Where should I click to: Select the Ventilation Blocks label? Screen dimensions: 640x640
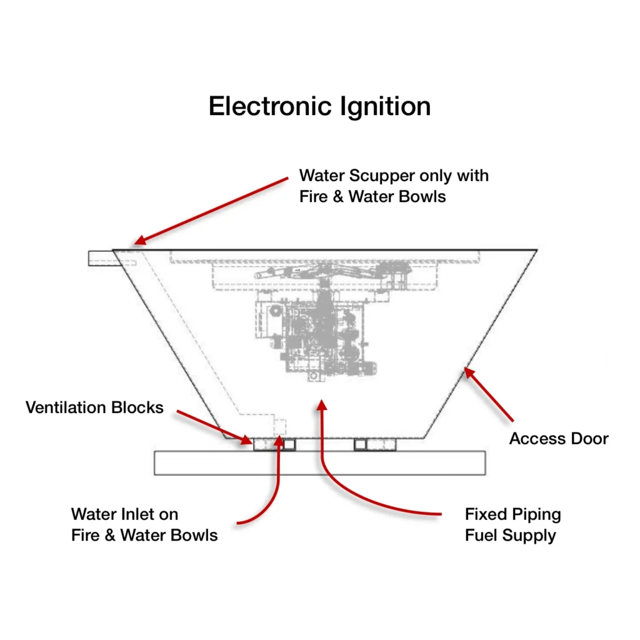tap(94, 407)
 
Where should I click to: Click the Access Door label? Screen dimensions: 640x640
tap(558, 438)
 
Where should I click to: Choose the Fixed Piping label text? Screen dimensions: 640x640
tap(512, 514)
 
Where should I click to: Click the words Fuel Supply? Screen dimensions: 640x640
tap(510, 536)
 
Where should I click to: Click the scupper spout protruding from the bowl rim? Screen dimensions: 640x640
tap(100, 257)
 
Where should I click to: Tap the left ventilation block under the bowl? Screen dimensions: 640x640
tap(274, 444)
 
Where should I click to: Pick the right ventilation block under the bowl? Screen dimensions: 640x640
tap(376, 444)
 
